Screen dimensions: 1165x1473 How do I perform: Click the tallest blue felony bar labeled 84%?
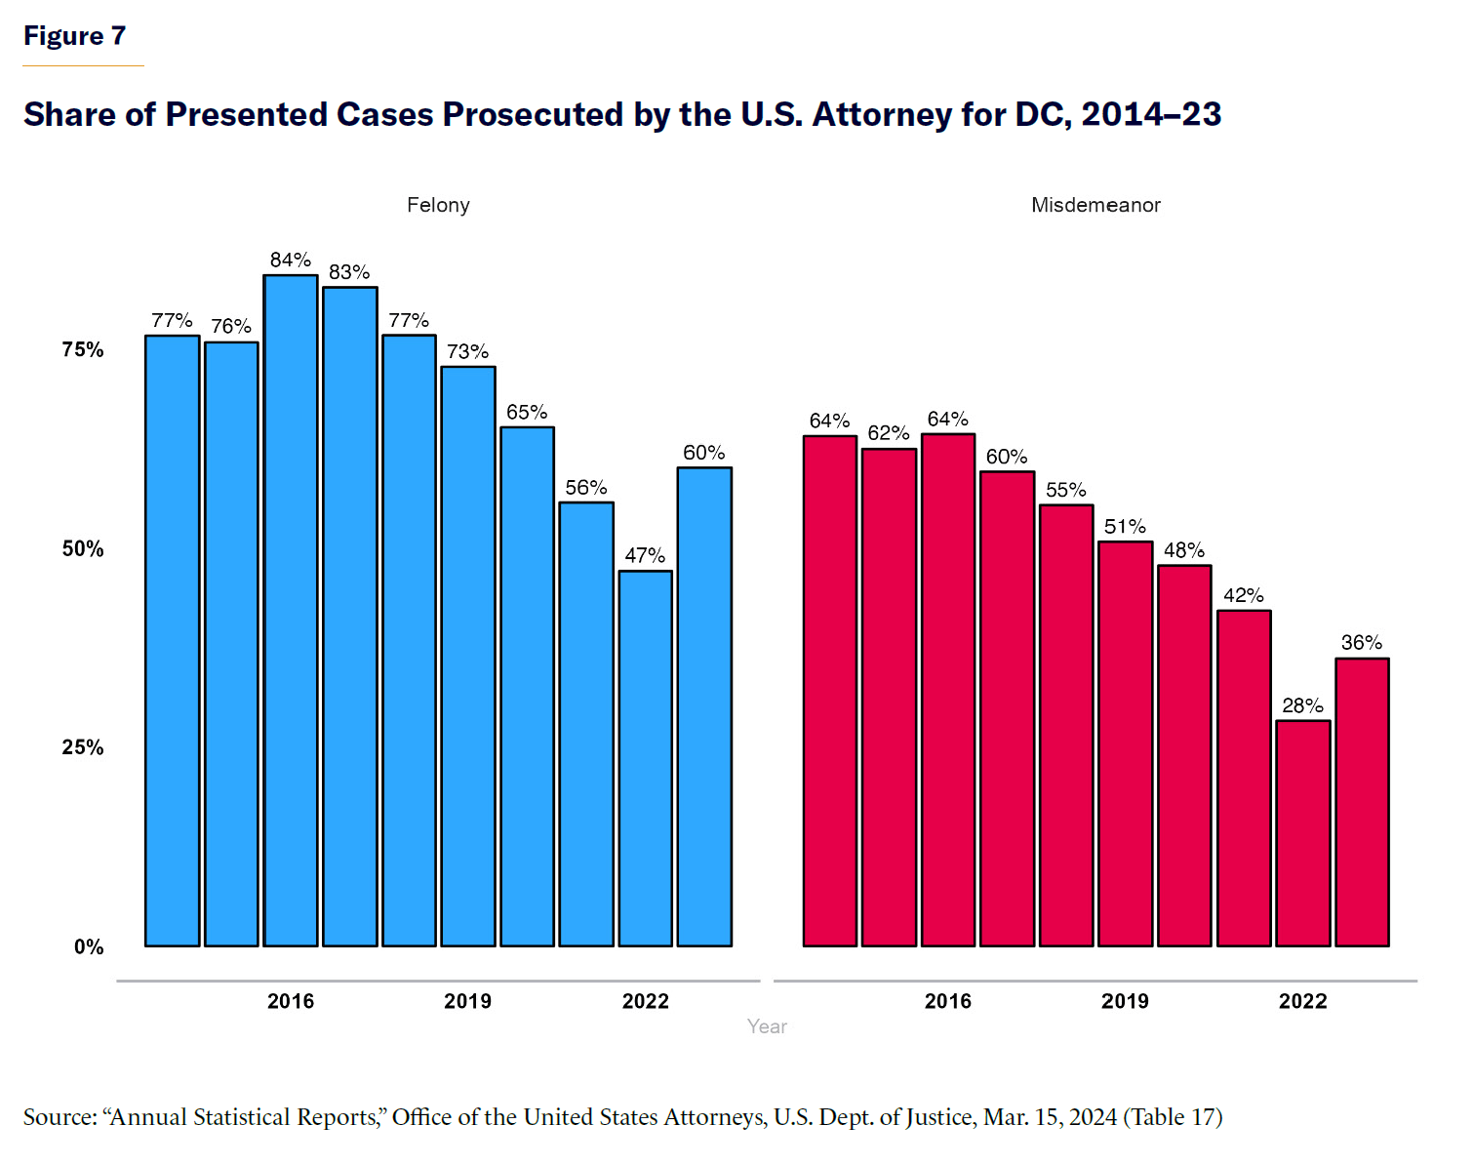coord(291,611)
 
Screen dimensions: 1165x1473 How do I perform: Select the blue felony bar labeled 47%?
coord(646,758)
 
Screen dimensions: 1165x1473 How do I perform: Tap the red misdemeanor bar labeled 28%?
coord(1303,833)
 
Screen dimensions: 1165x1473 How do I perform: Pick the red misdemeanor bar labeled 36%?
coord(1362,802)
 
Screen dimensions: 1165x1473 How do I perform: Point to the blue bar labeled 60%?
coord(704,706)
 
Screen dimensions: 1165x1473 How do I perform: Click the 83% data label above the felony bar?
coord(349,272)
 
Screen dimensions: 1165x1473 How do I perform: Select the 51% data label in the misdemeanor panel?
coord(1125,527)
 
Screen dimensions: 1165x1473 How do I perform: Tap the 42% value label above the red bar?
coord(1244,595)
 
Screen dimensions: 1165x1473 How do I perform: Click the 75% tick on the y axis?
coord(83,349)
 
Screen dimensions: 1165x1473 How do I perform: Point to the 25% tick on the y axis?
coord(83,747)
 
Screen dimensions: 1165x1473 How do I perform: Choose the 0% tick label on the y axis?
coord(89,946)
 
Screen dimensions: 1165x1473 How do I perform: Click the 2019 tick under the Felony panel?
coord(468,1001)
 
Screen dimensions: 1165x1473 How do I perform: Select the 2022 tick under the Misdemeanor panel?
coord(1303,1001)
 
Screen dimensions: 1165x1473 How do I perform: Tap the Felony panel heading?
coord(438,205)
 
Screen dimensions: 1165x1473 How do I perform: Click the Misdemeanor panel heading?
coord(1095,205)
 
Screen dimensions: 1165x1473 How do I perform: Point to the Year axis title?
coord(767,1026)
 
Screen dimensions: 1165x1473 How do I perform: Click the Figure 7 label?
coord(75,36)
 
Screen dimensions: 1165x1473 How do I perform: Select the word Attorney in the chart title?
coord(882,115)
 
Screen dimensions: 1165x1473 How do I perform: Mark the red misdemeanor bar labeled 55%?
coord(1066,725)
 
